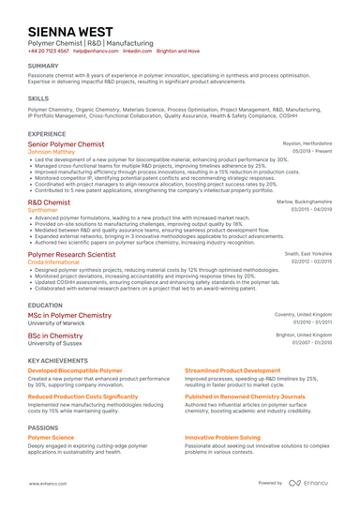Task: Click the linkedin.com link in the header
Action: [x=137, y=52]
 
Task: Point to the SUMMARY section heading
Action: [x=43, y=66]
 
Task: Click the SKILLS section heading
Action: [x=38, y=97]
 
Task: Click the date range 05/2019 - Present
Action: [x=312, y=151]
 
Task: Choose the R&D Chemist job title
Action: [x=49, y=202]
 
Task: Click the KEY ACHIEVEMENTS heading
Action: [x=58, y=360]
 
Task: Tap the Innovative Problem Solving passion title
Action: [x=222, y=438]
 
